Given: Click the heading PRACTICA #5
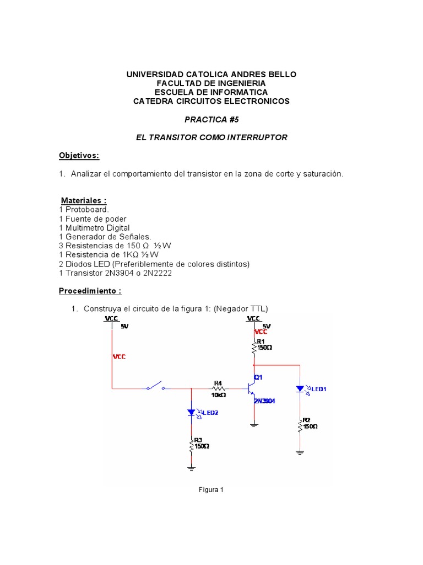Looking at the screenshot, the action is (x=211, y=119).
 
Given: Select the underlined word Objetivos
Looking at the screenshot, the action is (x=79, y=156).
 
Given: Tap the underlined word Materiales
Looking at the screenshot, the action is (x=83, y=200).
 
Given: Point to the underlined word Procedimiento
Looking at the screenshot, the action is (x=90, y=291).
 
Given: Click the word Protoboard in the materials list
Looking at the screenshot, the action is (x=87, y=210).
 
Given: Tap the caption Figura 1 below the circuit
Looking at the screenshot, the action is (x=211, y=489).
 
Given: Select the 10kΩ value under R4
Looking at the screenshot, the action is (x=219, y=395).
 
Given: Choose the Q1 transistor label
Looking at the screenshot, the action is (x=258, y=377).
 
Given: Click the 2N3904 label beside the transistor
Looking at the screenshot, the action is (x=264, y=401).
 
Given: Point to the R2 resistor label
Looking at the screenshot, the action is (x=306, y=420).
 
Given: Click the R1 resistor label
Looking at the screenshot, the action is (x=261, y=342).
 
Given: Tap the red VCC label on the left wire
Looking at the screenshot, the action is (x=119, y=356).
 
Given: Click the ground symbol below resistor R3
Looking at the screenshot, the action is (x=191, y=468).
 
